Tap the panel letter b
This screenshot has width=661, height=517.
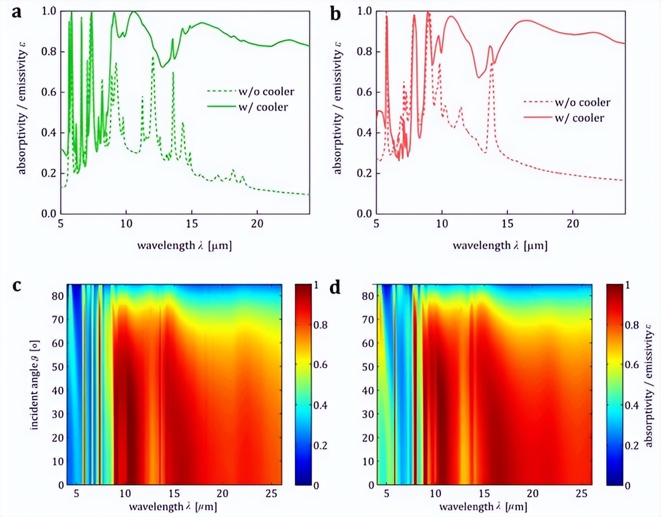click(335, 14)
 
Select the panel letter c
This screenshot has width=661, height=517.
click(17, 285)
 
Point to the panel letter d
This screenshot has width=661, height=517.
click(335, 287)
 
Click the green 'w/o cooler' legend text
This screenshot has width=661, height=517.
click(266, 92)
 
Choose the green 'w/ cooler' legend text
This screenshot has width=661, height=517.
click(263, 107)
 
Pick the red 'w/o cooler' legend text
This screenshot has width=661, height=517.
click(582, 103)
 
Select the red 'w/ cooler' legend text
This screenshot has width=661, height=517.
click(579, 118)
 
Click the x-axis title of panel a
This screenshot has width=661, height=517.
click(184, 245)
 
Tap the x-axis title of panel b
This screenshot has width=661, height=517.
click(500, 245)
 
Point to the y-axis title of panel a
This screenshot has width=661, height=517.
click(22, 108)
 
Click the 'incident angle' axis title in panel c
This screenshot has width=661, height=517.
click(35, 385)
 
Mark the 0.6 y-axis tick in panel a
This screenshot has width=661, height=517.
click(49, 92)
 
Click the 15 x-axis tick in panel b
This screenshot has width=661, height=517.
click(507, 223)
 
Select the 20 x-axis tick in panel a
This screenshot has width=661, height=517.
click(257, 223)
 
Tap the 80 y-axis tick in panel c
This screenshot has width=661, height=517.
click(58, 296)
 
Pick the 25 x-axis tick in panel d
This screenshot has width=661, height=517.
click(581, 494)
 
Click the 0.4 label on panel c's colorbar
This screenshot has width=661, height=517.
click(320, 405)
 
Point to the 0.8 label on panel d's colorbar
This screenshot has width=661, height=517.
click(631, 325)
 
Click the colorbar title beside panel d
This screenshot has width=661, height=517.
click(649, 385)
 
